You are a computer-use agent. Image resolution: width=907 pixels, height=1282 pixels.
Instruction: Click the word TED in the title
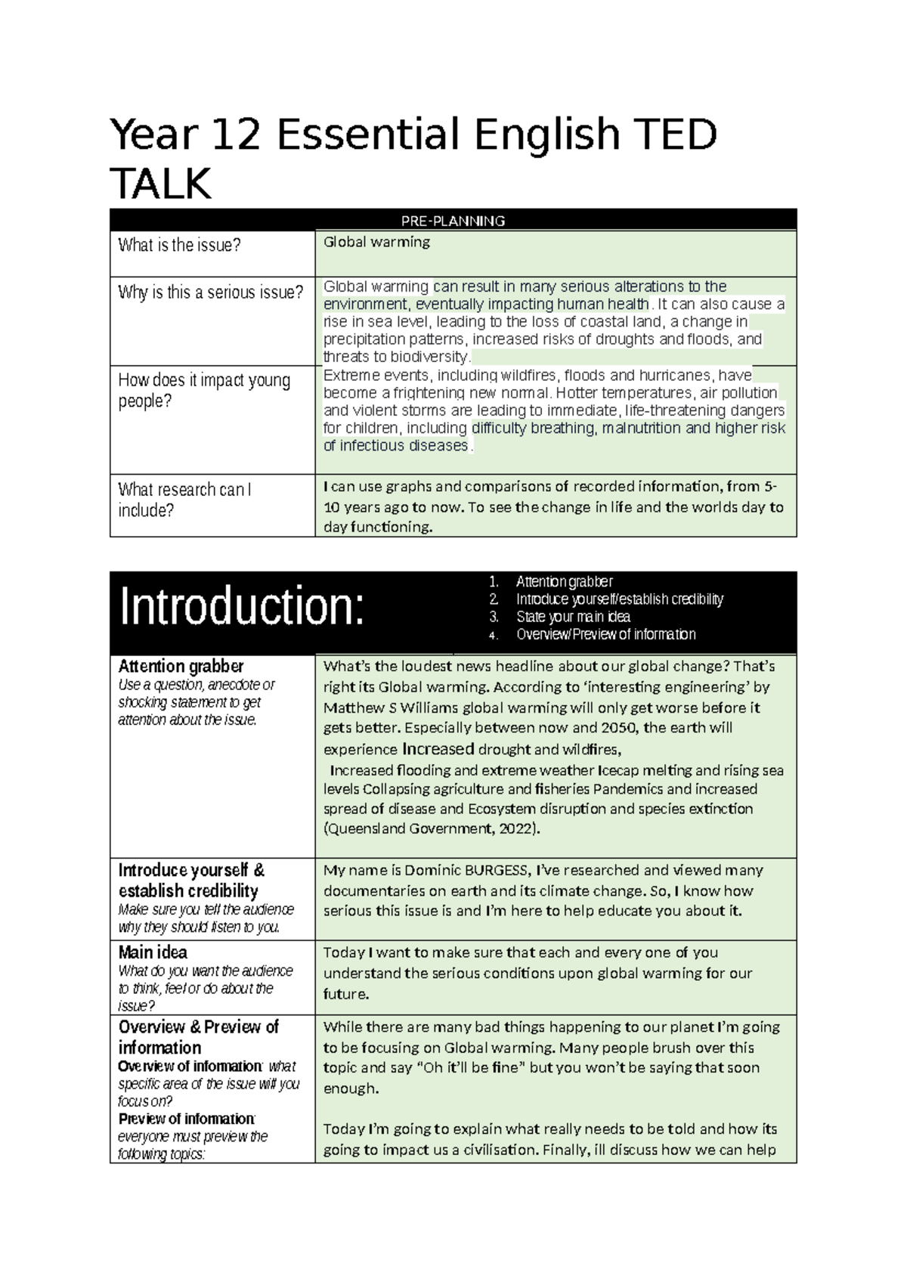click(x=672, y=136)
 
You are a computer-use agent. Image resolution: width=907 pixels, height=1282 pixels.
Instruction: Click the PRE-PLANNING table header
click(x=453, y=221)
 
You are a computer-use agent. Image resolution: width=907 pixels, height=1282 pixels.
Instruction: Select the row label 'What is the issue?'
click(x=179, y=245)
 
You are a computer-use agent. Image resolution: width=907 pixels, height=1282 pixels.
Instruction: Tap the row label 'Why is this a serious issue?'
click(x=210, y=293)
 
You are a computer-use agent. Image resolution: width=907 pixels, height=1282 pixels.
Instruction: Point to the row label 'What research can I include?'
click(x=185, y=500)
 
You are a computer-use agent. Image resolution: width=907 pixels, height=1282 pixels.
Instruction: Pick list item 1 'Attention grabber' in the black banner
click(x=564, y=581)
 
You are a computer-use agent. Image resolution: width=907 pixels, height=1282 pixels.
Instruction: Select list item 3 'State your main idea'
click(x=573, y=617)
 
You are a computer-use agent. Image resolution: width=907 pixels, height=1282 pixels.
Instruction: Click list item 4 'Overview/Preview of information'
click(x=605, y=634)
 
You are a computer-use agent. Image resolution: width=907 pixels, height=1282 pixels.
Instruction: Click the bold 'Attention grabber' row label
click(x=181, y=666)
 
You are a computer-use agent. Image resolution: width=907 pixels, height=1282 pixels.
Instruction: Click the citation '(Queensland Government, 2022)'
click(x=432, y=828)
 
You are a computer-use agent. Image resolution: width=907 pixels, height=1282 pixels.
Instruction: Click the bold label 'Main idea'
click(x=153, y=952)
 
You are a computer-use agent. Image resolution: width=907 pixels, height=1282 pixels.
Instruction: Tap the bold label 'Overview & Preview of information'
click(x=198, y=1037)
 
